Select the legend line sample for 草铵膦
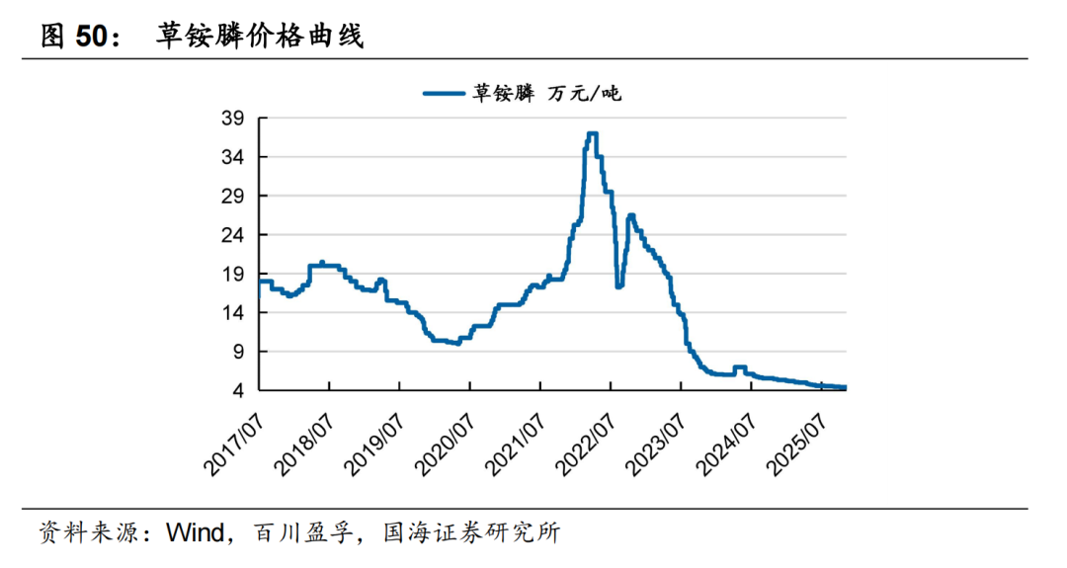pos(445,94)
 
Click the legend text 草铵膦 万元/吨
pos(545,94)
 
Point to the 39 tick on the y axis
pos(232,119)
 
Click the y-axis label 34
pos(232,157)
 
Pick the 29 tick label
pos(232,197)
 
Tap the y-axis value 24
pos(232,235)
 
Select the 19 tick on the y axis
pos(232,274)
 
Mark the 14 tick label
pos(232,313)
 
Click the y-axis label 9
pos(238,352)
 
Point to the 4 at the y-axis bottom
pos(238,390)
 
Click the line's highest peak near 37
pos(592,133)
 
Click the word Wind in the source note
pos(196,534)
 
